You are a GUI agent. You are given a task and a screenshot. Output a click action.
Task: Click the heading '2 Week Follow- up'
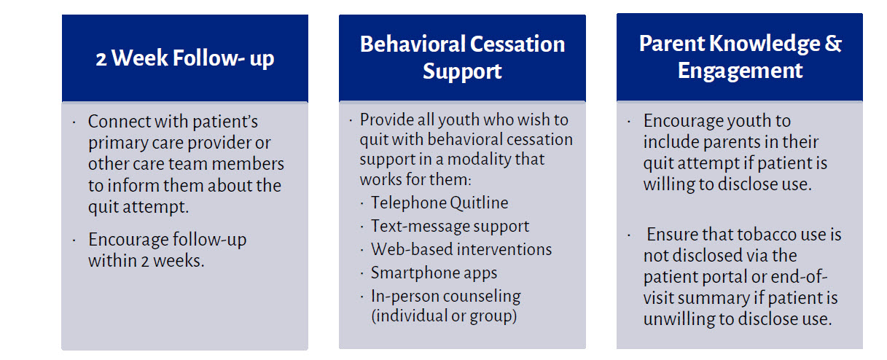[x=185, y=58]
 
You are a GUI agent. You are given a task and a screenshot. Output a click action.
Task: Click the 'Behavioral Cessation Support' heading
[x=462, y=58]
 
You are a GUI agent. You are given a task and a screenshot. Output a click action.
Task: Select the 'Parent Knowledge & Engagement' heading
[x=740, y=57]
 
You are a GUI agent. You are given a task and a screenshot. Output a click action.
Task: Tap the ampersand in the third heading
[x=833, y=43]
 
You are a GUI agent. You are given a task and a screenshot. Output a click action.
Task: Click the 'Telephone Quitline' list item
[x=439, y=203]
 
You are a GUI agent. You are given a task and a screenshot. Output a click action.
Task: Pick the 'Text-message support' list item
[x=450, y=227]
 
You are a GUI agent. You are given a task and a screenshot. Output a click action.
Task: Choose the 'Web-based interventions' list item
[x=461, y=249]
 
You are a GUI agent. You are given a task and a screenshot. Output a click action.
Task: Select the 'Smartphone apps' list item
[x=434, y=273]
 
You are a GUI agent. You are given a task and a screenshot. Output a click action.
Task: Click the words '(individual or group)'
[x=444, y=316]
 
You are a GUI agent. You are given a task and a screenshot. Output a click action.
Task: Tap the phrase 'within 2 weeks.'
[x=146, y=261]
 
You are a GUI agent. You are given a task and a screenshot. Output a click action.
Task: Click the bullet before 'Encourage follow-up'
[x=74, y=240]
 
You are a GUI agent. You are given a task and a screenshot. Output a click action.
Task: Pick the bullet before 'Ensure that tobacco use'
[x=629, y=235]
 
